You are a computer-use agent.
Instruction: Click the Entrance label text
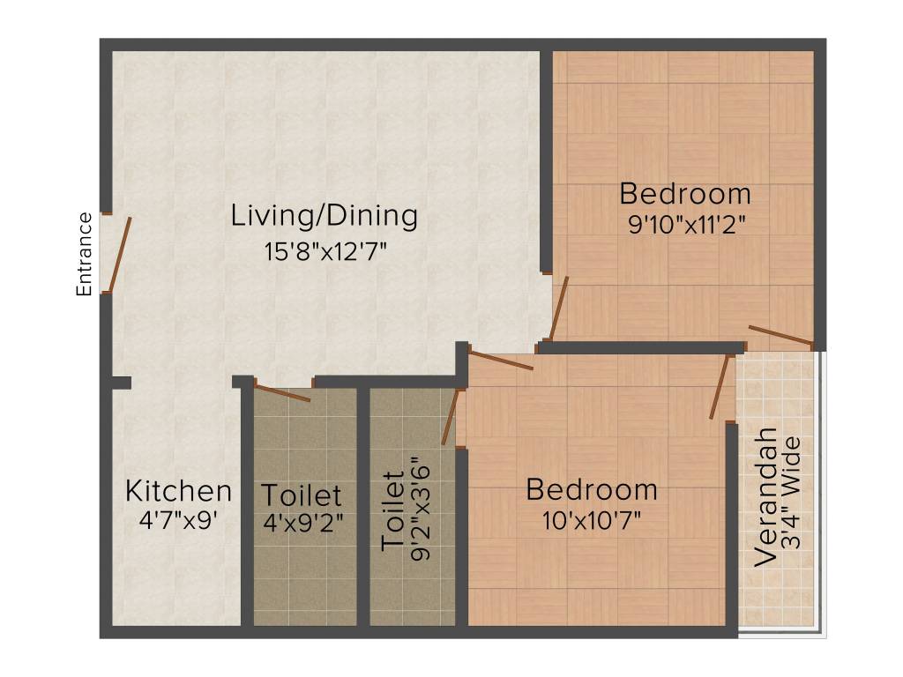coord(85,254)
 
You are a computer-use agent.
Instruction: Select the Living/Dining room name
coord(324,215)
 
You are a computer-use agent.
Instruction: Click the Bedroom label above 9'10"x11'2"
coord(685,193)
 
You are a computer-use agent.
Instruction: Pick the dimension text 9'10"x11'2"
coord(687,225)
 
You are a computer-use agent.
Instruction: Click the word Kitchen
coord(178,490)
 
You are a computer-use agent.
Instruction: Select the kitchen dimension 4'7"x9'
coord(178,520)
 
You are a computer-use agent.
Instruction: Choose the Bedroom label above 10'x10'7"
coord(592,488)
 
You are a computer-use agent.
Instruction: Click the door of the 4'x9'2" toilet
coord(282,392)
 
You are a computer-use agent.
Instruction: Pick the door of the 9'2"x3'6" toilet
coord(451,416)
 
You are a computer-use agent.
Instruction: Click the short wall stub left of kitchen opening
coord(121,383)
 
